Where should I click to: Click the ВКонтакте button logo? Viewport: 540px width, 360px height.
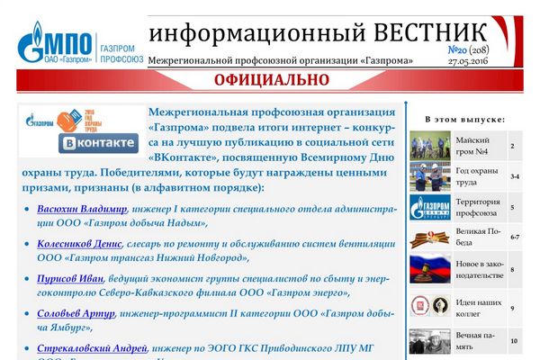tap(98, 143)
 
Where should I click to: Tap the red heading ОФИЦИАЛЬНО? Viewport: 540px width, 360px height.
tap(272, 80)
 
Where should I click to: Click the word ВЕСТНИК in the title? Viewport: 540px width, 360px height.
tap(430, 33)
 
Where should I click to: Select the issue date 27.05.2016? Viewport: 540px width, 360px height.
tap(468, 61)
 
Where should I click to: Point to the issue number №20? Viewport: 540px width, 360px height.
tap(457, 50)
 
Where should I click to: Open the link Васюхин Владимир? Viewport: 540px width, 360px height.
tap(82, 209)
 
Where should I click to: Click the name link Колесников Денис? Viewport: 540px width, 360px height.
tap(79, 244)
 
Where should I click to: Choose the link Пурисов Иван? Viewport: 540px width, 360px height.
tap(70, 279)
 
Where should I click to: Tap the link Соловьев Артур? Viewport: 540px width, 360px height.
tap(76, 313)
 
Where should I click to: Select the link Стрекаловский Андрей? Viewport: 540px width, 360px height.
tap(92, 348)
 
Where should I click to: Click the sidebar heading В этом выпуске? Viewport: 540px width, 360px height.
tap(465, 120)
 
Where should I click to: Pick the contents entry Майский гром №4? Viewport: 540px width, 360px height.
tap(472, 146)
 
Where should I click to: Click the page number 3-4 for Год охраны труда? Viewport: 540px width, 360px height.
tap(515, 176)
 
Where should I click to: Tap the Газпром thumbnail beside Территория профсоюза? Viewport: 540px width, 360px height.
tap(430, 207)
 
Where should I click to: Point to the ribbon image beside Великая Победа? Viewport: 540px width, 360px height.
tap(430, 238)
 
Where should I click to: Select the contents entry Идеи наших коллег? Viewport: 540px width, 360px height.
tap(479, 308)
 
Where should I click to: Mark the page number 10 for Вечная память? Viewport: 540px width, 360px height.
tap(514, 341)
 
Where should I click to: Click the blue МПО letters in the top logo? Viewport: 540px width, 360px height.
tap(68, 43)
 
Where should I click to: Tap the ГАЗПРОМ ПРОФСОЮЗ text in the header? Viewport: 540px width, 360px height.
tap(121, 54)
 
